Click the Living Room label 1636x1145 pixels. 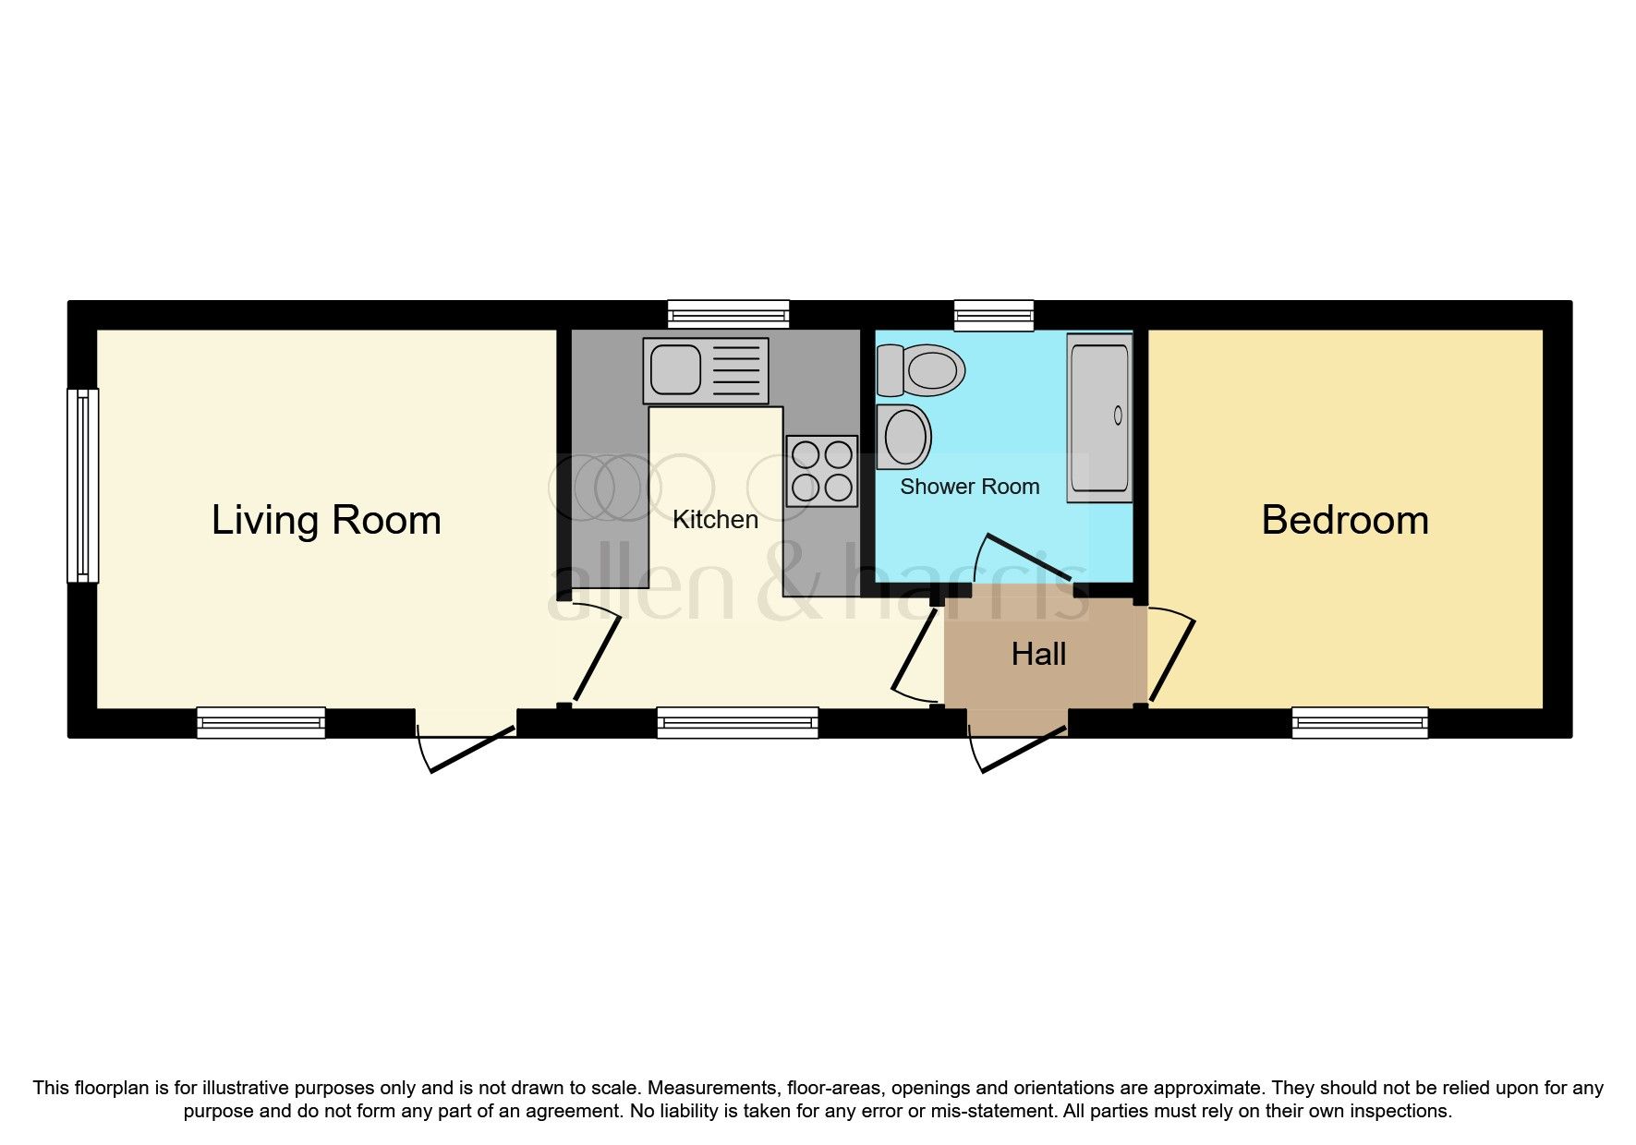[326, 521]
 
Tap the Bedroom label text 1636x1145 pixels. [1345, 520]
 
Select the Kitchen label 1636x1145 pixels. [715, 520]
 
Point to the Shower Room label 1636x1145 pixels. [970, 487]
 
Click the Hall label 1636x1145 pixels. [1038, 655]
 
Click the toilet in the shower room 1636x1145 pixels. [921, 369]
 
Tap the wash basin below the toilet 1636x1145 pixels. [903, 436]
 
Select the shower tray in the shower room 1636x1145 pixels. [1099, 418]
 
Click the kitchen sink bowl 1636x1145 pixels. [675, 369]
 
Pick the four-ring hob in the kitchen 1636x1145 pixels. [822, 471]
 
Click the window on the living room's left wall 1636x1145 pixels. [83, 486]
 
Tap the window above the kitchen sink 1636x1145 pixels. [729, 315]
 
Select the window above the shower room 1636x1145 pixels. [994, 315]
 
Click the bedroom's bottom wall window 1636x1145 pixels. [1360, 722]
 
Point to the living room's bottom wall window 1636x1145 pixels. [261, 722]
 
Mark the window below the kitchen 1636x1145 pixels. [738, 722]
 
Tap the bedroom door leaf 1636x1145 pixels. [1171, 659]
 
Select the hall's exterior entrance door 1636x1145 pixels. [1024, 749]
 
